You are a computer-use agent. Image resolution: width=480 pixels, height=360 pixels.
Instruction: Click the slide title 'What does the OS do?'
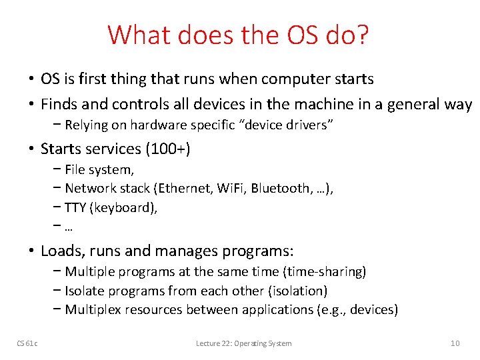(239, 35)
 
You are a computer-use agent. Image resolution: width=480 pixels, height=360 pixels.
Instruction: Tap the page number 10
(455, 343)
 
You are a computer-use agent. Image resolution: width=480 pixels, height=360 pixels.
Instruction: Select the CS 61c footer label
(27, 343)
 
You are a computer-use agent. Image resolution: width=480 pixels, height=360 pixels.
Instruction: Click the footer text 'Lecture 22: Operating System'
(243, 343)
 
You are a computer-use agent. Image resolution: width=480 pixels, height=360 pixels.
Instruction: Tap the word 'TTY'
(75, 208)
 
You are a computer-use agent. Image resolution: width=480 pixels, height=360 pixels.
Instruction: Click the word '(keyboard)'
(123, 208)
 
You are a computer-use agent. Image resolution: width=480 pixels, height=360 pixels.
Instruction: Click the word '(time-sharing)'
(325, 272)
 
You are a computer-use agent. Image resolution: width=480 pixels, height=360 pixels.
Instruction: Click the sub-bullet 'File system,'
(99, 169)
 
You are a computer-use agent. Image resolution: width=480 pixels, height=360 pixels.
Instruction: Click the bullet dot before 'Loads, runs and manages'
(31, 251)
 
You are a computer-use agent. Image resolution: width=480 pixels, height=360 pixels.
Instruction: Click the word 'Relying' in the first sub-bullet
(86, 125)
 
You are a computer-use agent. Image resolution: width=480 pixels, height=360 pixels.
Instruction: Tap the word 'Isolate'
(85, 291)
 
